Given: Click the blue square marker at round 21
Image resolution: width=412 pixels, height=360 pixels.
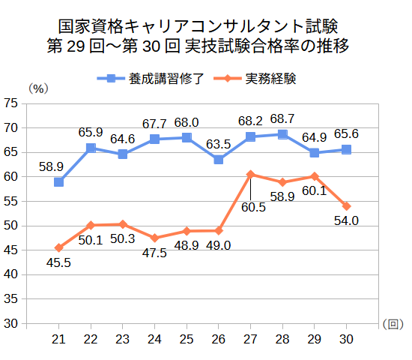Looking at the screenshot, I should tap(58, 182).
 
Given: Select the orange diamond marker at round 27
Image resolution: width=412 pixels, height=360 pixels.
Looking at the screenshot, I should tap(251, 174).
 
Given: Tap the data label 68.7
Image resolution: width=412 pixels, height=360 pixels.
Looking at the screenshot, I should tap(282, 118).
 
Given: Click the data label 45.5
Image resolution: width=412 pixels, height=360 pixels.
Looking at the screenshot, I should tap(58, 262).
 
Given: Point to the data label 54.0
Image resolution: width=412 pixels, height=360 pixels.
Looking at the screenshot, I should tap(346, 220).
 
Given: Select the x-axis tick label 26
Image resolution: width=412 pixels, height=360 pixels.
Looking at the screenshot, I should tap(219, 340).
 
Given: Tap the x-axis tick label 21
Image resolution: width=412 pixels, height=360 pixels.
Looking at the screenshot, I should tap(58, 340).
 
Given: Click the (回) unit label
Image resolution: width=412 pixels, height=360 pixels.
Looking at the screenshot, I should tap(392, 324).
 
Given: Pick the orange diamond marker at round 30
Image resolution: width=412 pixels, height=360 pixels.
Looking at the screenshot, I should tap(347, 206).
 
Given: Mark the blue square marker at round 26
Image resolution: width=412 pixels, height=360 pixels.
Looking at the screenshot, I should tap(219, 160).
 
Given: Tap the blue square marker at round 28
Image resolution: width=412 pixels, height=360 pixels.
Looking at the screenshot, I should tap(282, 134).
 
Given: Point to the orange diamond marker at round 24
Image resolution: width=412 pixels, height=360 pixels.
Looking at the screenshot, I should tap(154, 238).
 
